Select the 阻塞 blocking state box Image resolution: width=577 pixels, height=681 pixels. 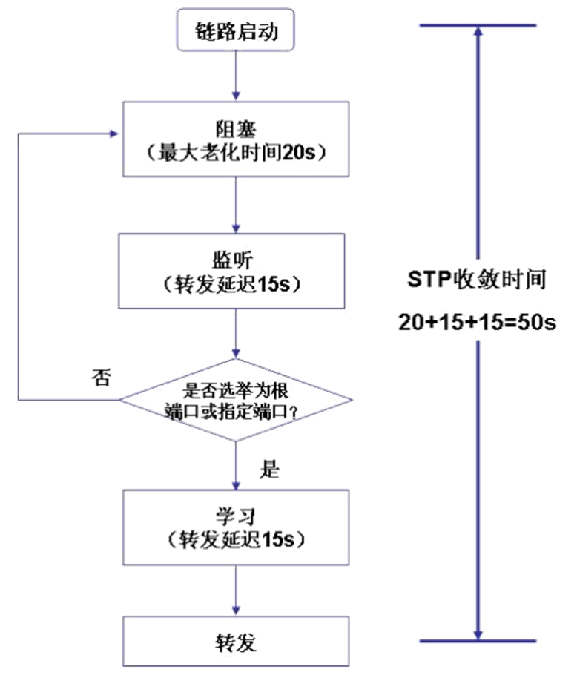235,139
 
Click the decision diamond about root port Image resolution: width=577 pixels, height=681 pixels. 235,399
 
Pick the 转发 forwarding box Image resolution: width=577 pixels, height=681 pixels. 235,641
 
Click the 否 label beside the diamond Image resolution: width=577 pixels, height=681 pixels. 101,377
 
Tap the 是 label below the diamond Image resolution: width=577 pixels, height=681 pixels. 271,468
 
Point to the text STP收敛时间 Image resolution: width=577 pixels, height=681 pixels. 478,279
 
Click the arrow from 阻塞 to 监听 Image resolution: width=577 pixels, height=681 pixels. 235,205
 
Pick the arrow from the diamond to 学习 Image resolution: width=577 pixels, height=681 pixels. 235,464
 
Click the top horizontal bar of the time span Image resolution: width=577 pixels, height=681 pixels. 478,26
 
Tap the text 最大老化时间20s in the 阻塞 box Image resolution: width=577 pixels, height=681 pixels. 237,154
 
